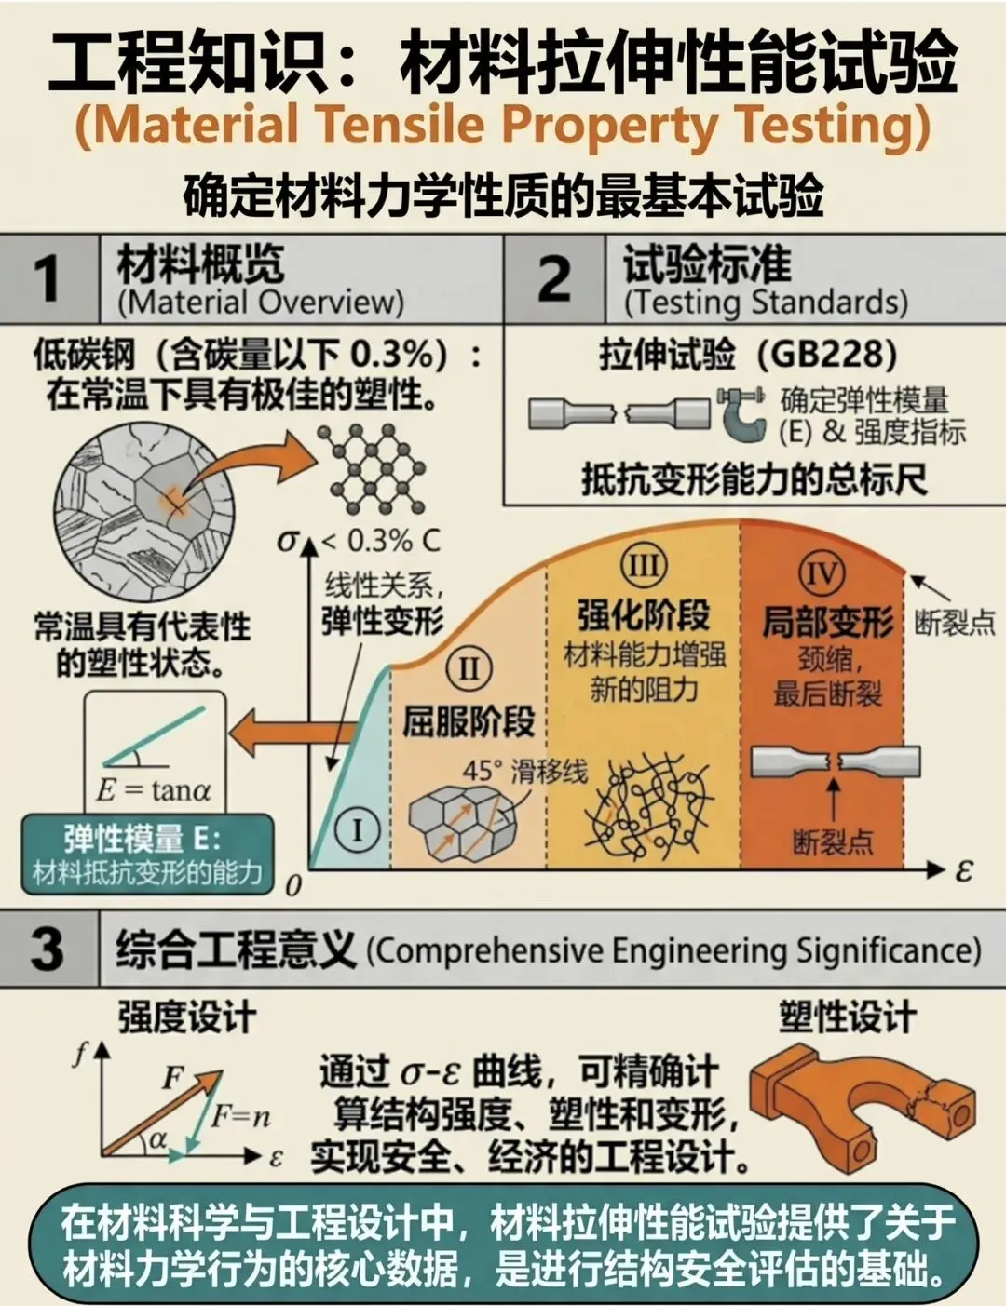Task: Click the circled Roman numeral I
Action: click(x=358, y=830)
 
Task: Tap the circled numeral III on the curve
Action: click(x=644, y=566)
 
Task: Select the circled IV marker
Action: click(x=822, y=573)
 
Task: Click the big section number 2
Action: click(x=554, y=278)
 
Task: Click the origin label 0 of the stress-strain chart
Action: click(x=292, y=886)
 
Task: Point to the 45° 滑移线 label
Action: click(x=525, y=771)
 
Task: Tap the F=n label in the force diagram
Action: click(x=240, y=1117)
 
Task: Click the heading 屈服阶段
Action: click(x=469, y=720)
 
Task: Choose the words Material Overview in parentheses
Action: click(x=260, y=303)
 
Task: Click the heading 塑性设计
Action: click(x=849, y=1017)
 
